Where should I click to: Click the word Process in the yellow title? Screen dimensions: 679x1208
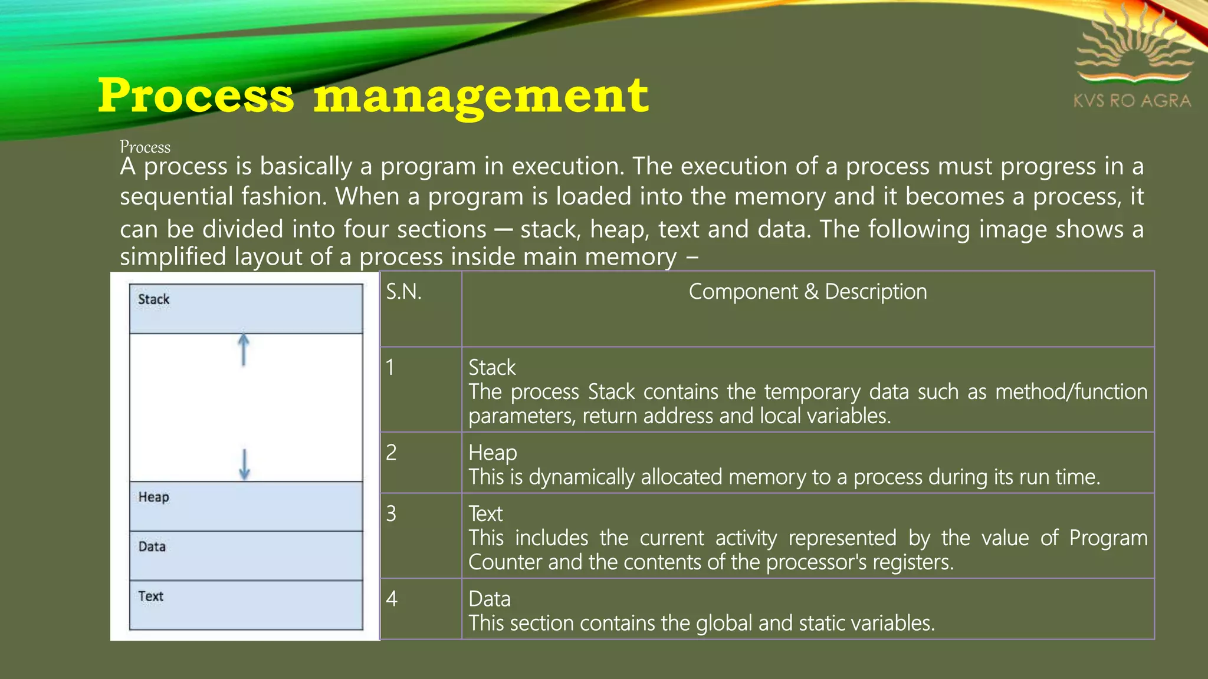coord(195,95)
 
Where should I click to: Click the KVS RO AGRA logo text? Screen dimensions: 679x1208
coord(1132,101)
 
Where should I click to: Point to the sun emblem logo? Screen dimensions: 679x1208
coord(1134,47)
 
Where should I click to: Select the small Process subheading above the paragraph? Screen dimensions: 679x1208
coord(145,147)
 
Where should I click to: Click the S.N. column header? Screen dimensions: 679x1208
coord(404,292)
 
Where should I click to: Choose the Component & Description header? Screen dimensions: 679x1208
coord(807,292)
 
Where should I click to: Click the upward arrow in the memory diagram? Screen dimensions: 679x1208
coord(243,350)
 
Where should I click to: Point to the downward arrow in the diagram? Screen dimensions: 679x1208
coord(244,464)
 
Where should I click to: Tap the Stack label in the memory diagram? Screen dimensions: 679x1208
coord(154,299)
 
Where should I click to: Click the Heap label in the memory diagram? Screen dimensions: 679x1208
coord(154,497)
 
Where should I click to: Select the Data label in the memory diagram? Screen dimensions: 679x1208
coord(152,547)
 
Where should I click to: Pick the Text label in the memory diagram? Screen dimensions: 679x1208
coord(151,596)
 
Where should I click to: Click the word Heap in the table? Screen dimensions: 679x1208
coord(493,453)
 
